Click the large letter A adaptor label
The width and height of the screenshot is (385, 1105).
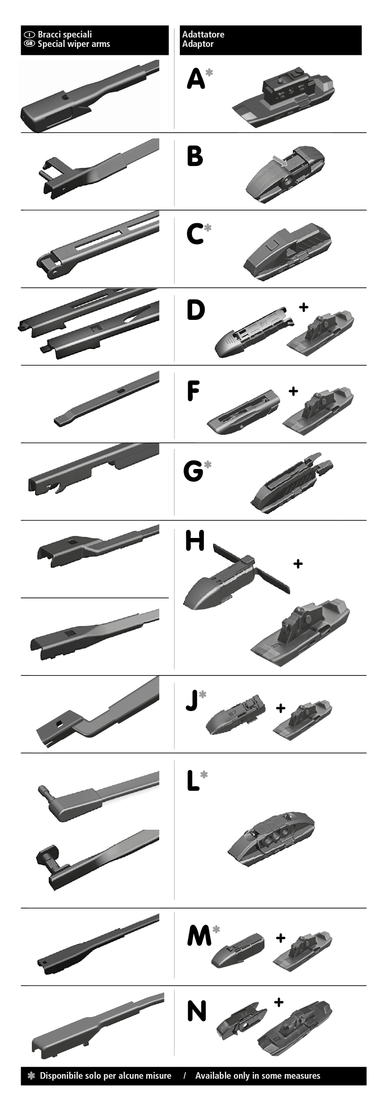click(196, 78)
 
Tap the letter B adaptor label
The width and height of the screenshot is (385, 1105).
click(194, 156)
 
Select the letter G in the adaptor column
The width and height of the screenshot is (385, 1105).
click(193, 471)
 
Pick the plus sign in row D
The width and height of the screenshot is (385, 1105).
click(304, 307)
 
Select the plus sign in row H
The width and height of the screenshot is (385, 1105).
click(298, 563)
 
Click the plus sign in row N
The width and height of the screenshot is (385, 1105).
click(278, 1002)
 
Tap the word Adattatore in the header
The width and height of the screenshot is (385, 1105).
click(203, 34)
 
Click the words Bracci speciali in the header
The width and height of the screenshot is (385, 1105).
click(65, 34)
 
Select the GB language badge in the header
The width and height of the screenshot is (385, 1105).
click(30, 44)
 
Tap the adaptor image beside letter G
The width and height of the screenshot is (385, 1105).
click(292, 483)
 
